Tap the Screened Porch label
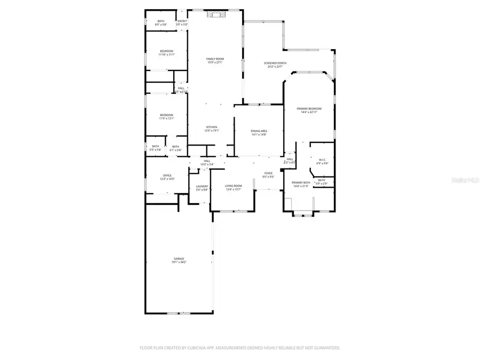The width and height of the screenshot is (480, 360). click(x=275, y=63)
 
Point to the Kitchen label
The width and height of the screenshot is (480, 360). click(x=212, y=127)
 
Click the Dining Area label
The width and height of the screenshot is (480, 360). click(x=259, y=131)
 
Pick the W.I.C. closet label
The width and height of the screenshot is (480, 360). click(x=322, y=159)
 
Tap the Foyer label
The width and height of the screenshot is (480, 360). click(x=268, y=173)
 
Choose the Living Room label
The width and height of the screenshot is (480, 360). click(x=233, y=186)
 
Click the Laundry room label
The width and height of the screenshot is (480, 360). click(x=202, y=186)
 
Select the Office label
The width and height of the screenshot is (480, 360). click(x=167, y=175)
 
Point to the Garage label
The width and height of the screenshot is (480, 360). click(x=179, y=259)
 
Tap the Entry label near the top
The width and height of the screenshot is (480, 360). click(x=182, y=21)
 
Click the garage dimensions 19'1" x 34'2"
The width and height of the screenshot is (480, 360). click(x=179, y=262)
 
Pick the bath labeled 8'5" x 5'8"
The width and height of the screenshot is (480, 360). click(x=161, y=23)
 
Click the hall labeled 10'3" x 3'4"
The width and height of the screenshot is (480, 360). click(x=207, y=163)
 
